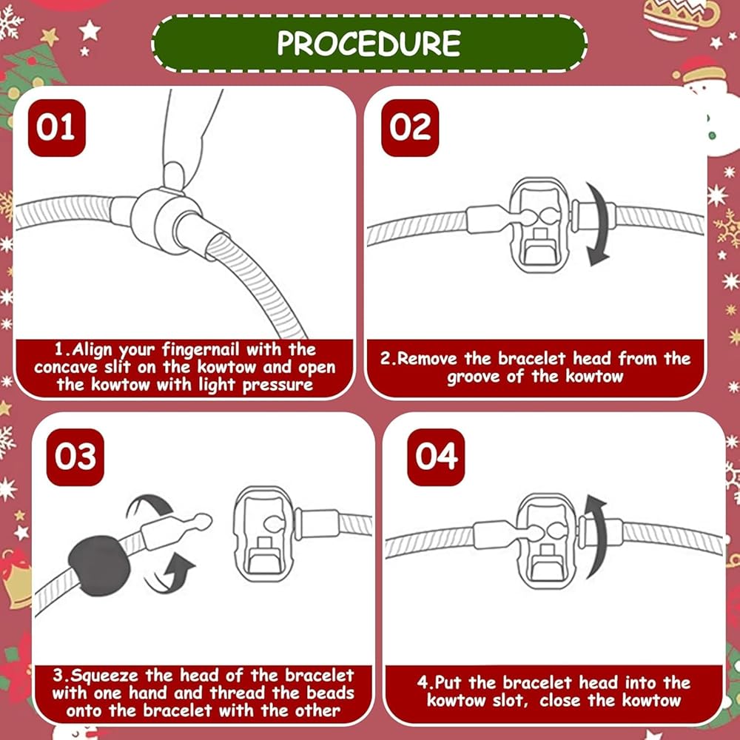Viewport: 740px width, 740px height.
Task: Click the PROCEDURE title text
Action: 369,44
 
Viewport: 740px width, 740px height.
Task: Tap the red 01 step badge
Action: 57,127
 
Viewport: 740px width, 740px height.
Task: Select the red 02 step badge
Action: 410,127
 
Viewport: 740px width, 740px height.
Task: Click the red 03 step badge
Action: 75,457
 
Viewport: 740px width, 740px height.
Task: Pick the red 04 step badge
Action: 436,457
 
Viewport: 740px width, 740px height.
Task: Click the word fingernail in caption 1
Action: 201,350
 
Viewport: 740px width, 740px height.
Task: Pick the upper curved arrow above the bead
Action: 150,505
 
